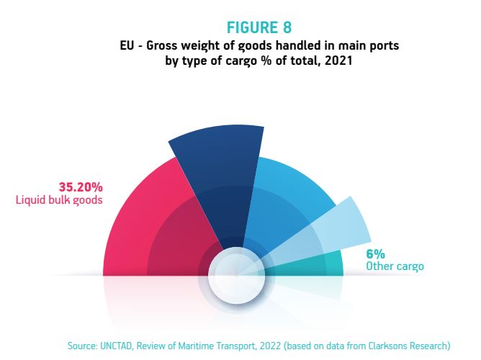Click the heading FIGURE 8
[x=259, y=27]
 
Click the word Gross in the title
[x=162, y=45]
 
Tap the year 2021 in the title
[x=338, y=60]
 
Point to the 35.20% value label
[x=81, y=186]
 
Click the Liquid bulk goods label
[x=59, y=200]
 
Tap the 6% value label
[x=375, y=254]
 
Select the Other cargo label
[x=395, y=266]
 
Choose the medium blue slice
[x=285, y=199]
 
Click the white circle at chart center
[x=236, y=275]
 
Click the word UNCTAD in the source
[x=116, y=346]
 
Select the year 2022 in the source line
[x=270, y=346]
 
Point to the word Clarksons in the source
[x=387, y=346]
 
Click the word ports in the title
[x=386, y=46]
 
